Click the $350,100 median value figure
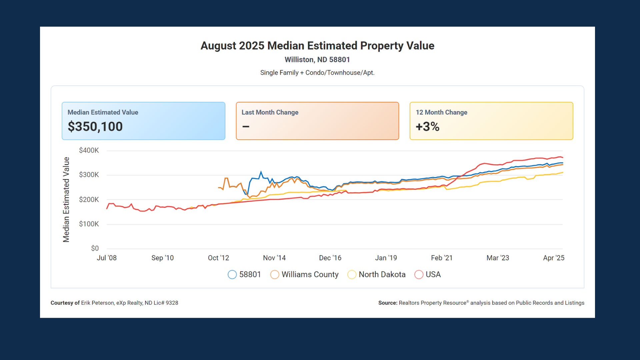tap(95, 127)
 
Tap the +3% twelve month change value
tap(427, 127)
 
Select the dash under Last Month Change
tap(246, 127)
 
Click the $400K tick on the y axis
tap(89, 150)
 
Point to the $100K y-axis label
tap(89, 224)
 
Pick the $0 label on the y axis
tap(95, 248)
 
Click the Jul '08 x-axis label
tap(107, 258)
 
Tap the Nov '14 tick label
tap(274, 258)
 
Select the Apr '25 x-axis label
tap(553, 258)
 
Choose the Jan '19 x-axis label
tap(386, 258)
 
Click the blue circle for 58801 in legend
tap(232, 275)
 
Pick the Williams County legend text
tap(310, 275)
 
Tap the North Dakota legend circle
tap(352, 275)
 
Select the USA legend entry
tap(433, 275)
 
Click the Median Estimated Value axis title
tap(66, 199)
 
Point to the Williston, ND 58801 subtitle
tap(317, 60)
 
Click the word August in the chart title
tap(218, 46)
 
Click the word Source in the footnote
tap(387, 303)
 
